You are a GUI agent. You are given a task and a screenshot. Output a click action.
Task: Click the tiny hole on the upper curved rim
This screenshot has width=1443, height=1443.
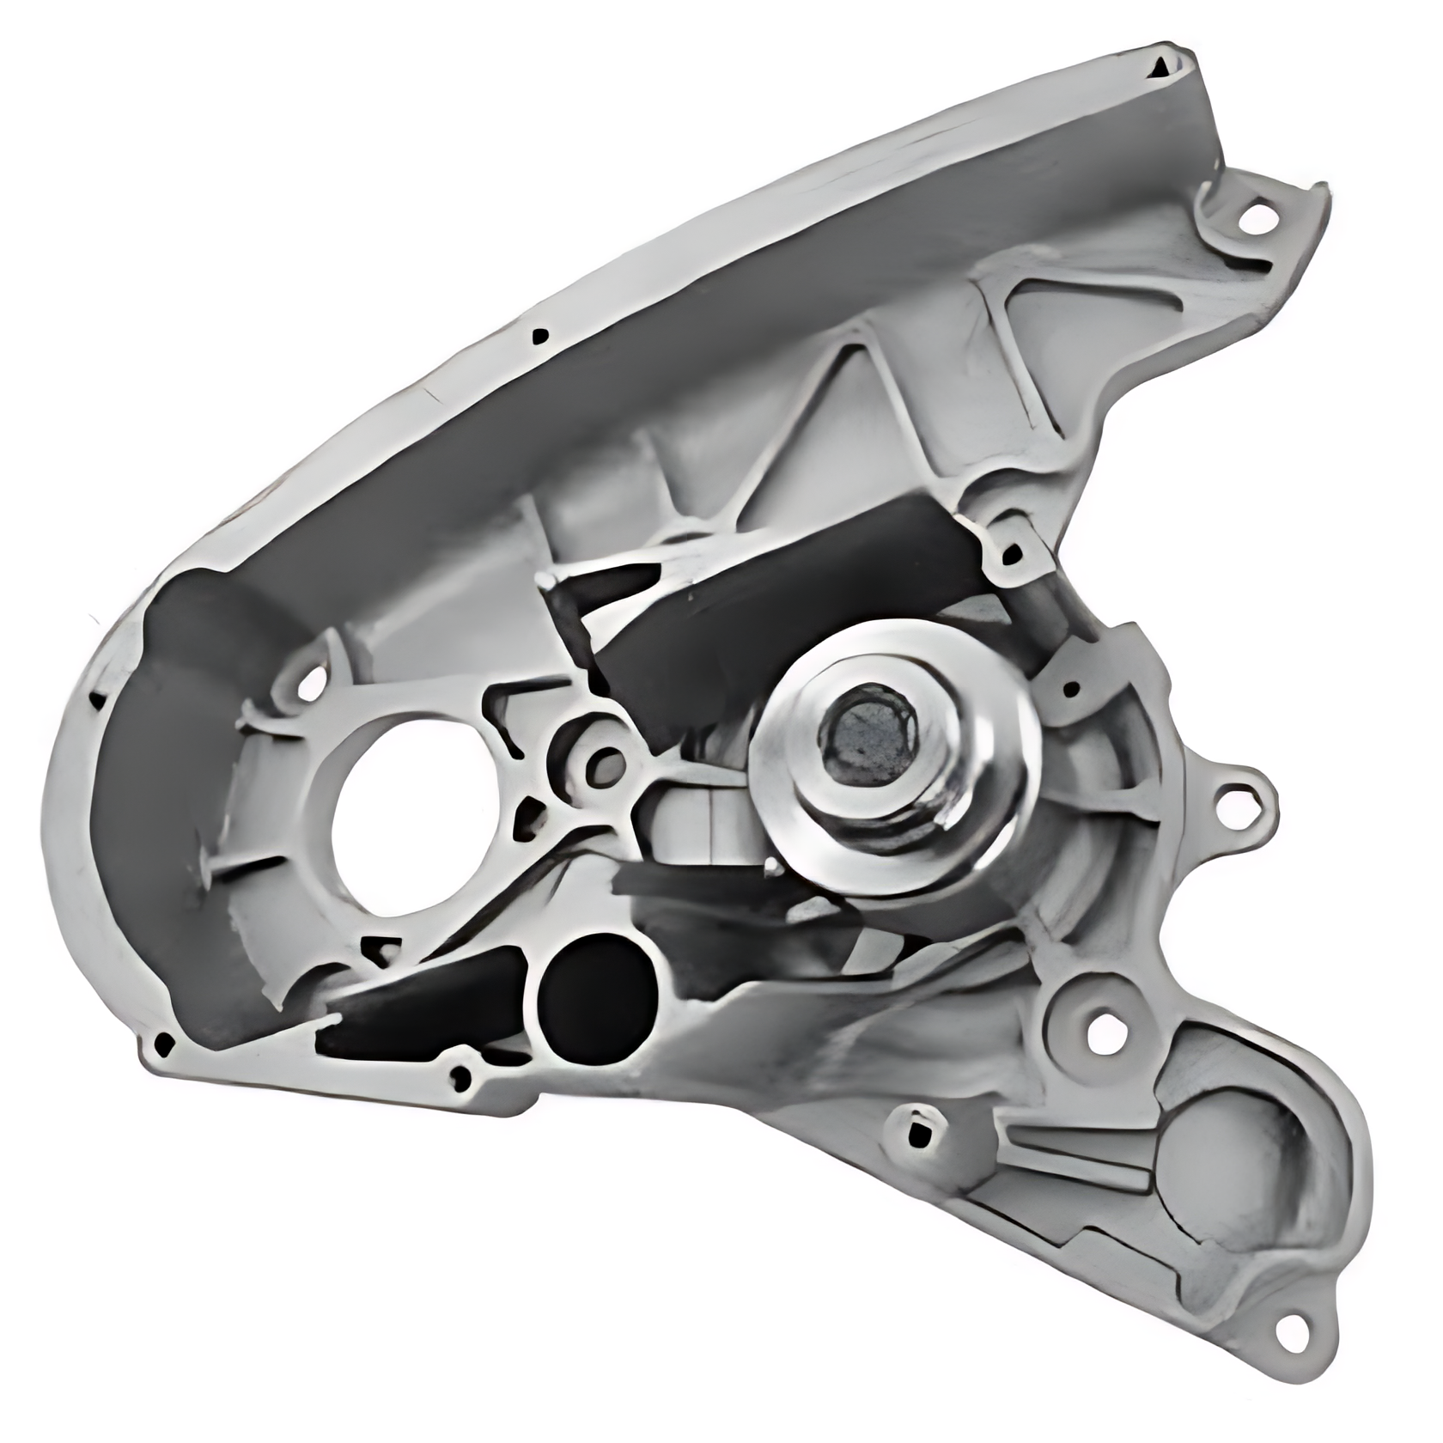[x=539, y=334]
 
